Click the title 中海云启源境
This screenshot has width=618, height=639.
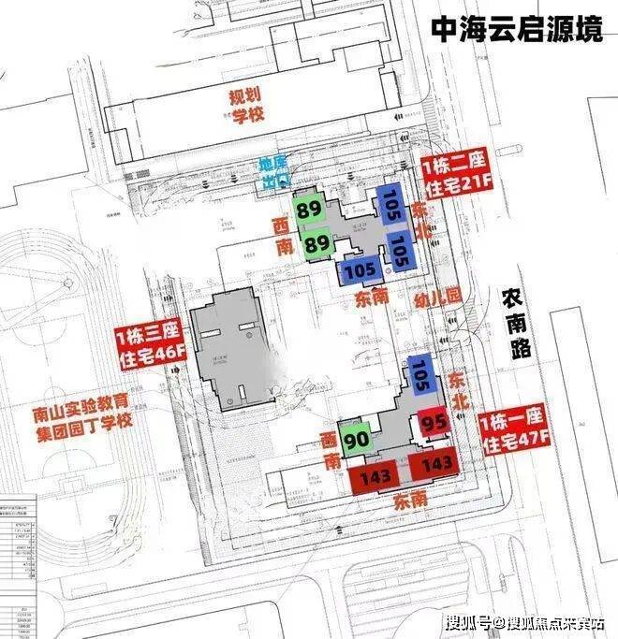coord(517,31)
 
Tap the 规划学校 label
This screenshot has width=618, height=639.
coord(250,106)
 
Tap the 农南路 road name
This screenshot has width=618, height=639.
coord(517,322)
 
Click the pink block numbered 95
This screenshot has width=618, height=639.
coord(434,423)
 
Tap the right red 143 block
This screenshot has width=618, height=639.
coord(435,464)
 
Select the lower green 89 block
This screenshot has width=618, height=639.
coord(317,243)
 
